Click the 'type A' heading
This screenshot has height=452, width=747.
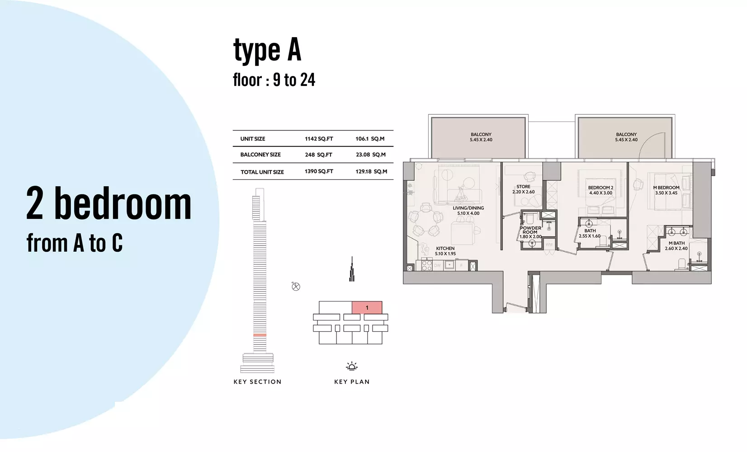pos(267,50)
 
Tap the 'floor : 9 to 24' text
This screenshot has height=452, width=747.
pos(274,80)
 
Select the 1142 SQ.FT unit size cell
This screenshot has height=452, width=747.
pos(319,139)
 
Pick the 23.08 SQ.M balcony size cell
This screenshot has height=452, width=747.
pos(370,155)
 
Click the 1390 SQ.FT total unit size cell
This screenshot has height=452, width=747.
pos(319,171)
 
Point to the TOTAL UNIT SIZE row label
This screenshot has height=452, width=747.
pos(262,172)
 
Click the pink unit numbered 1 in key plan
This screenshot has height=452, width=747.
pos(367,308)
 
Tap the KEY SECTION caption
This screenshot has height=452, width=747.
pos(257,382)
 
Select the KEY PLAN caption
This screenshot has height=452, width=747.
pos(352,382)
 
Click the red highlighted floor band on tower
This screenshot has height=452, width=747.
pos(260,334)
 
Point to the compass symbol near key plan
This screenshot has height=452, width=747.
pos(296,286)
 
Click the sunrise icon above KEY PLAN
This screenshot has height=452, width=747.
pos(352,366)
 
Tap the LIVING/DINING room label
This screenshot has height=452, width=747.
pos(468,211)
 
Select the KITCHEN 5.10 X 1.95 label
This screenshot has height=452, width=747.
pos(445,251)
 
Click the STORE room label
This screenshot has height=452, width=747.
pos(523,189)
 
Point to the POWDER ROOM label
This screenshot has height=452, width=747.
pos(530,232)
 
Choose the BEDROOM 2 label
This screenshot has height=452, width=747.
pos(600,190)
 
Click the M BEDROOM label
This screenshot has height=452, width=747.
pos(666,190)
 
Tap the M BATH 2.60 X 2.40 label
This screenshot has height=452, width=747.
pos(676,246)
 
